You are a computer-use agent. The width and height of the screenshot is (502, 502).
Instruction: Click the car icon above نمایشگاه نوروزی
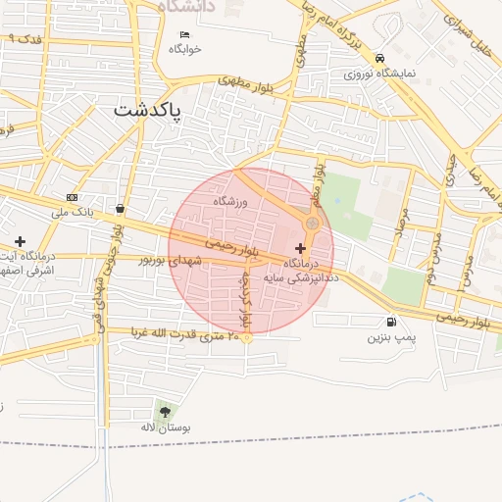click(379, 58)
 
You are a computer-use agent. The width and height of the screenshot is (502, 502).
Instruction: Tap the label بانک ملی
click(72, 211)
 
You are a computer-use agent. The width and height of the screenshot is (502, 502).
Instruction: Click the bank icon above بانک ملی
click(72, 197)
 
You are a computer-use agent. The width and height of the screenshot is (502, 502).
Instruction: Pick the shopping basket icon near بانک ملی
click(120, 208)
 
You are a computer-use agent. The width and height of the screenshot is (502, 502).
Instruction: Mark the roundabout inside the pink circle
click(312, 225)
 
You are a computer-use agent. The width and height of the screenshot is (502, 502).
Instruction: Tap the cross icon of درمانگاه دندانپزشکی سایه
click(300, 249)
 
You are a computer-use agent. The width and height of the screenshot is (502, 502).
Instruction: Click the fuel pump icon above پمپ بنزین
click(392, 322)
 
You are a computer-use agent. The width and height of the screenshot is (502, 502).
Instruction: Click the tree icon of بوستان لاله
click(164, 412)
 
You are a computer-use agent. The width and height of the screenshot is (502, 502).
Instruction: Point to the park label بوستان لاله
click(166, 428)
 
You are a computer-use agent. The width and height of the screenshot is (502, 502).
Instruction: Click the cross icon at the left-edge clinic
click(20, 241)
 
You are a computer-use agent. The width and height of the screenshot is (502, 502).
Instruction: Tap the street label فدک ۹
click(25, 39)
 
